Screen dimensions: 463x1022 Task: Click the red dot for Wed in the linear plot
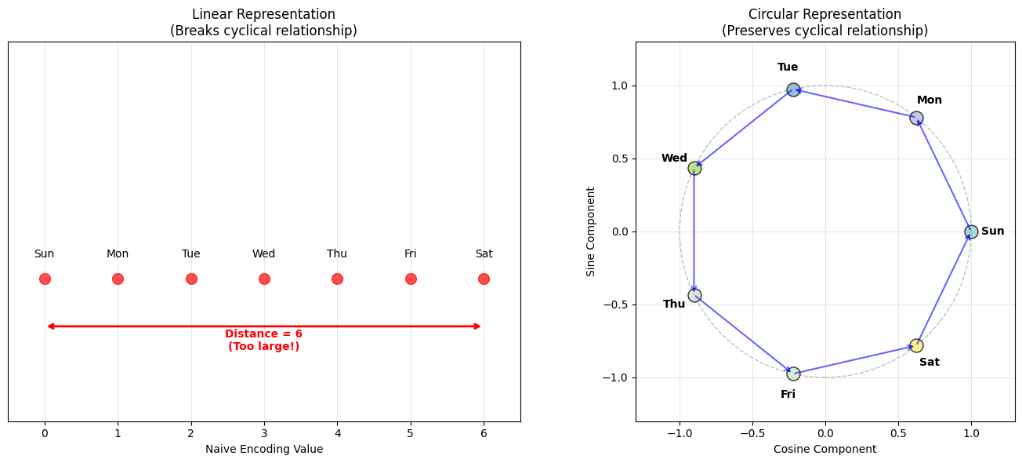(x=264, y=279)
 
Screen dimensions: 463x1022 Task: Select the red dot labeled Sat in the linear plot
(x=484, y=279)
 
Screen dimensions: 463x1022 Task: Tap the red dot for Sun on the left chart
(x=45, y=279)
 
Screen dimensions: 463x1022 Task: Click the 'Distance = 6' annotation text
(x=263, y=334)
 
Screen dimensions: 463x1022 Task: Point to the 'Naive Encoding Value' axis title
(x=264, y=450)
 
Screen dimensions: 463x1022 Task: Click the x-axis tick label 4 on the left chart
(x=337, y=433)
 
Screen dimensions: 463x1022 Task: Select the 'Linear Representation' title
(x=263, y=15)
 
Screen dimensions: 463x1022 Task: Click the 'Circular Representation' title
(x=824, y=15)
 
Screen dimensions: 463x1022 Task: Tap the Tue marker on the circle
(x=793, y=89)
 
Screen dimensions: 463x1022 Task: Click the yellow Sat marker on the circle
(x=916, y=345)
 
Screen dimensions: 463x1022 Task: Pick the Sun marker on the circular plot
(x=971, y=231)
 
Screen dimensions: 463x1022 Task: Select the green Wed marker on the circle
(x=694, y=168)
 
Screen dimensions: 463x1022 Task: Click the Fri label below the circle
(x=788, y=395)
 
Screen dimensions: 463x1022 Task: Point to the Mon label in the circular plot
(x=930, y=100)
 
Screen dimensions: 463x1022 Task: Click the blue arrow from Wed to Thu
(x=694, y=231)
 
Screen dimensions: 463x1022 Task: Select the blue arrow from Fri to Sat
(x=854, y=359)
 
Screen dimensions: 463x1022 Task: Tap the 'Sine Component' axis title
(x=591, y=231)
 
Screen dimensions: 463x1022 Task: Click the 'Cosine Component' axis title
(x=824, y=450)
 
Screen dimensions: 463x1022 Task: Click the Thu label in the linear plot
(x=337, y=254)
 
